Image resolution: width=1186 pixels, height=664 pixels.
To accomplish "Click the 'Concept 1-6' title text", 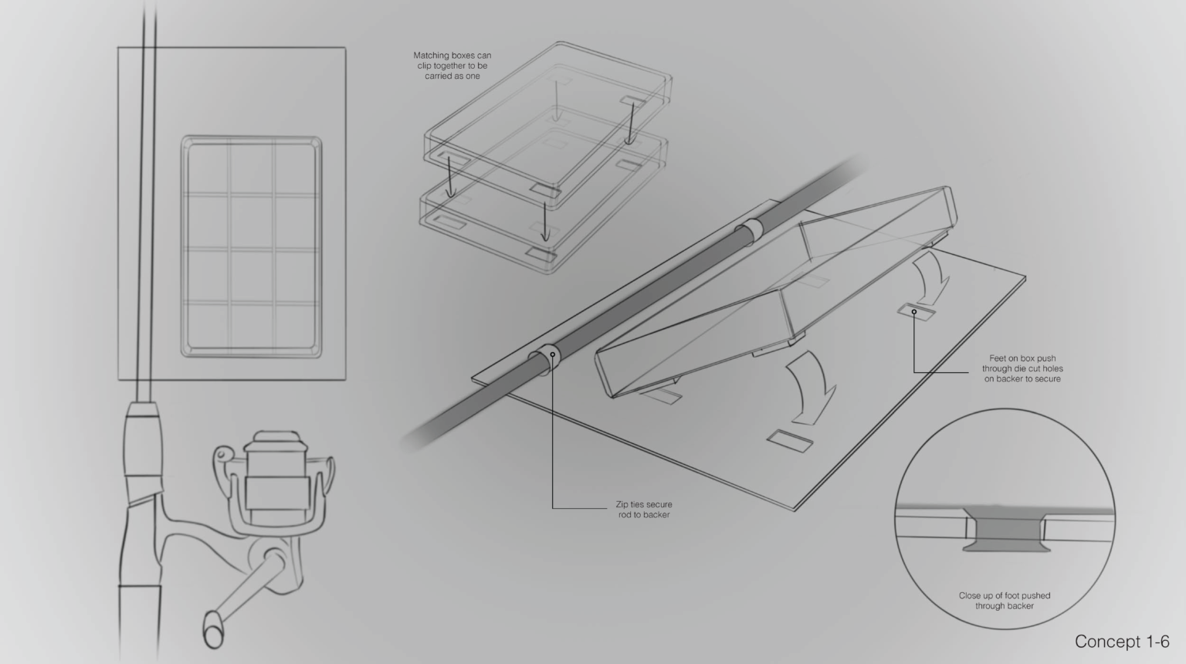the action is coord(1121,642).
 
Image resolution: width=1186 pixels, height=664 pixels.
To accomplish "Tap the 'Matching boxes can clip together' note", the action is coord(452,66).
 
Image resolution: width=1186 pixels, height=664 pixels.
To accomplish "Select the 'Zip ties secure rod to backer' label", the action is coord(644,510).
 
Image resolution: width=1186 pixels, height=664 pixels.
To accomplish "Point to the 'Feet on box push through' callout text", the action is coord(1022,368).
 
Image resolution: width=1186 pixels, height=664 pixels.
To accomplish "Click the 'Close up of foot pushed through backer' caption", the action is coord(1005,601).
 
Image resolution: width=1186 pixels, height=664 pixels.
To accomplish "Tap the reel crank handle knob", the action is coord(213,629).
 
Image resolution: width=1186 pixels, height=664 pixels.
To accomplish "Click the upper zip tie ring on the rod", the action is coord(750,233).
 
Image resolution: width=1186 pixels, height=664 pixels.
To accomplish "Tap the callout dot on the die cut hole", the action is coord(914,312).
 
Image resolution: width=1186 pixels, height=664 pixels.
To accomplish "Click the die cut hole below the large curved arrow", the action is coord(790,441).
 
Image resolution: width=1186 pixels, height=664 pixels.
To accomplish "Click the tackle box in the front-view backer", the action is coord(252,247).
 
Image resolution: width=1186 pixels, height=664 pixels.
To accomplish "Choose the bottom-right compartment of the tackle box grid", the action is coord(295,326).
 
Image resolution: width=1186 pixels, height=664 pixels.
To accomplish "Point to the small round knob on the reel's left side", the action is coord(223,454).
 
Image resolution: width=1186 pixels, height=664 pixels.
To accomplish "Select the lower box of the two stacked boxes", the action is coord(544,204).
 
